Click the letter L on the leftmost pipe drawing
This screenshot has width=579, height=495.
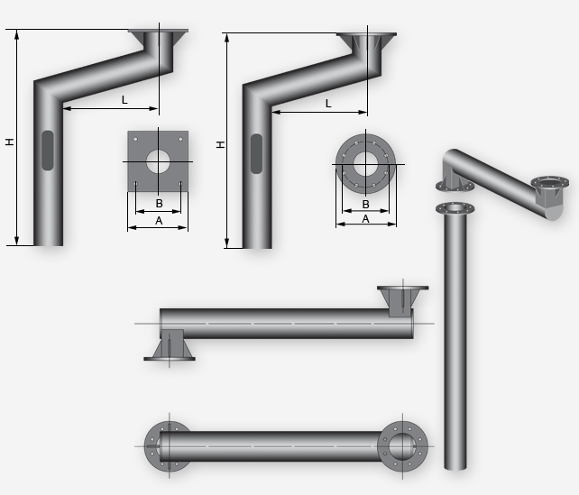[x=124, y=100]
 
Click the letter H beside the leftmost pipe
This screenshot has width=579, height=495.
[x=10, y=142]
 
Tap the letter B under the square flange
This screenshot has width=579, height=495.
[x=159, y=204]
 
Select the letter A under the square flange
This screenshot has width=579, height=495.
[x=159, y=221]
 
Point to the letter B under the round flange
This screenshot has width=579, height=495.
[x=365, y=204]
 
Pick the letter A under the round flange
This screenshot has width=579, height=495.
[x=365, y=219]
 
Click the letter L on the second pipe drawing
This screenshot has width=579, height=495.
[x=328, y=104]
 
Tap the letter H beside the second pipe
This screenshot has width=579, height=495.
[x=220, y=144]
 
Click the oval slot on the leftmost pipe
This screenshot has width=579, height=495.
[x=48, y=151]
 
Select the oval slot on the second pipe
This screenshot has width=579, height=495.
[x=257, y=153]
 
